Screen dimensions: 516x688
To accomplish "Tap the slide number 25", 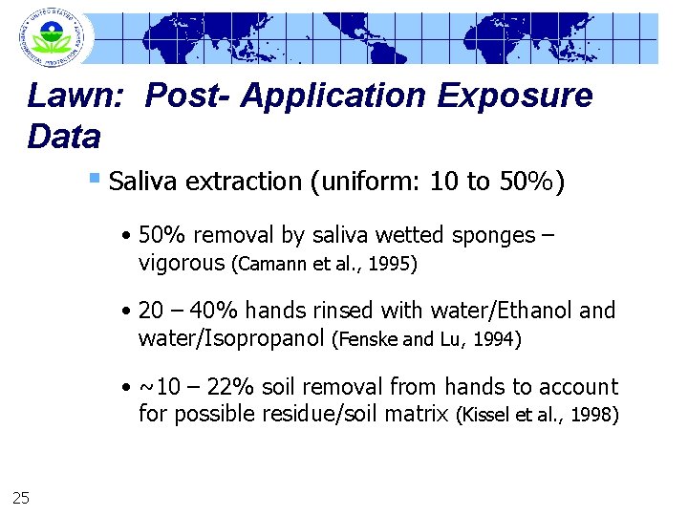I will point(22,495).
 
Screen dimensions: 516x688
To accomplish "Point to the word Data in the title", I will point(64,138).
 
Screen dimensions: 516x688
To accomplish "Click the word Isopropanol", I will point(258,337).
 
